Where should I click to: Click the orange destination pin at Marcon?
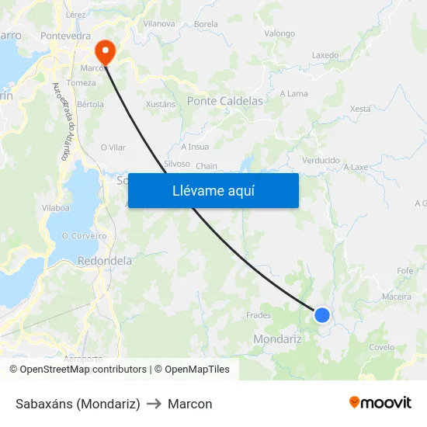pyautogui.click(x=104, y=50)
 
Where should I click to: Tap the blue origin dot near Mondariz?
pyautogui.click(x=322, y=314)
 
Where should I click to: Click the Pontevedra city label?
pyautogui.click(x=66, y=36)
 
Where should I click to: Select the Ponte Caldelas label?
pyautogui.click(x=225, y=101)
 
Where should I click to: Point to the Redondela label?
pyautogui.click(x=105, y=262)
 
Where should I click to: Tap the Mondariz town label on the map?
pyautogui.click(x=277, y=338)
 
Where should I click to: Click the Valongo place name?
pyautogui.click(x=279, y=33)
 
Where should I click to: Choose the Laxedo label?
pyautogui.click(x=325, y=56)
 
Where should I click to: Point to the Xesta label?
pyautogui.click(x=360, y=109)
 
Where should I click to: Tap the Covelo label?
pyautogui.click(x=382, y=348)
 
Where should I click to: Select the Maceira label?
pyautogui.click(x=396, y=297)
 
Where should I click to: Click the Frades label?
pyautogui.click(x=259, y=315)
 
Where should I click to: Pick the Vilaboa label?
pyautogui.click(x=57, y=208)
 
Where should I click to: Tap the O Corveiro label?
pyautogui.click(x=84, y=236)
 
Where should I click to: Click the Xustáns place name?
pyautogui.click(x=161, y=104)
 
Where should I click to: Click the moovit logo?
pyautogui.click(x=380, y=403)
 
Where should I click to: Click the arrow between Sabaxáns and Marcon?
pyautogui.click(x=154, y=404)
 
